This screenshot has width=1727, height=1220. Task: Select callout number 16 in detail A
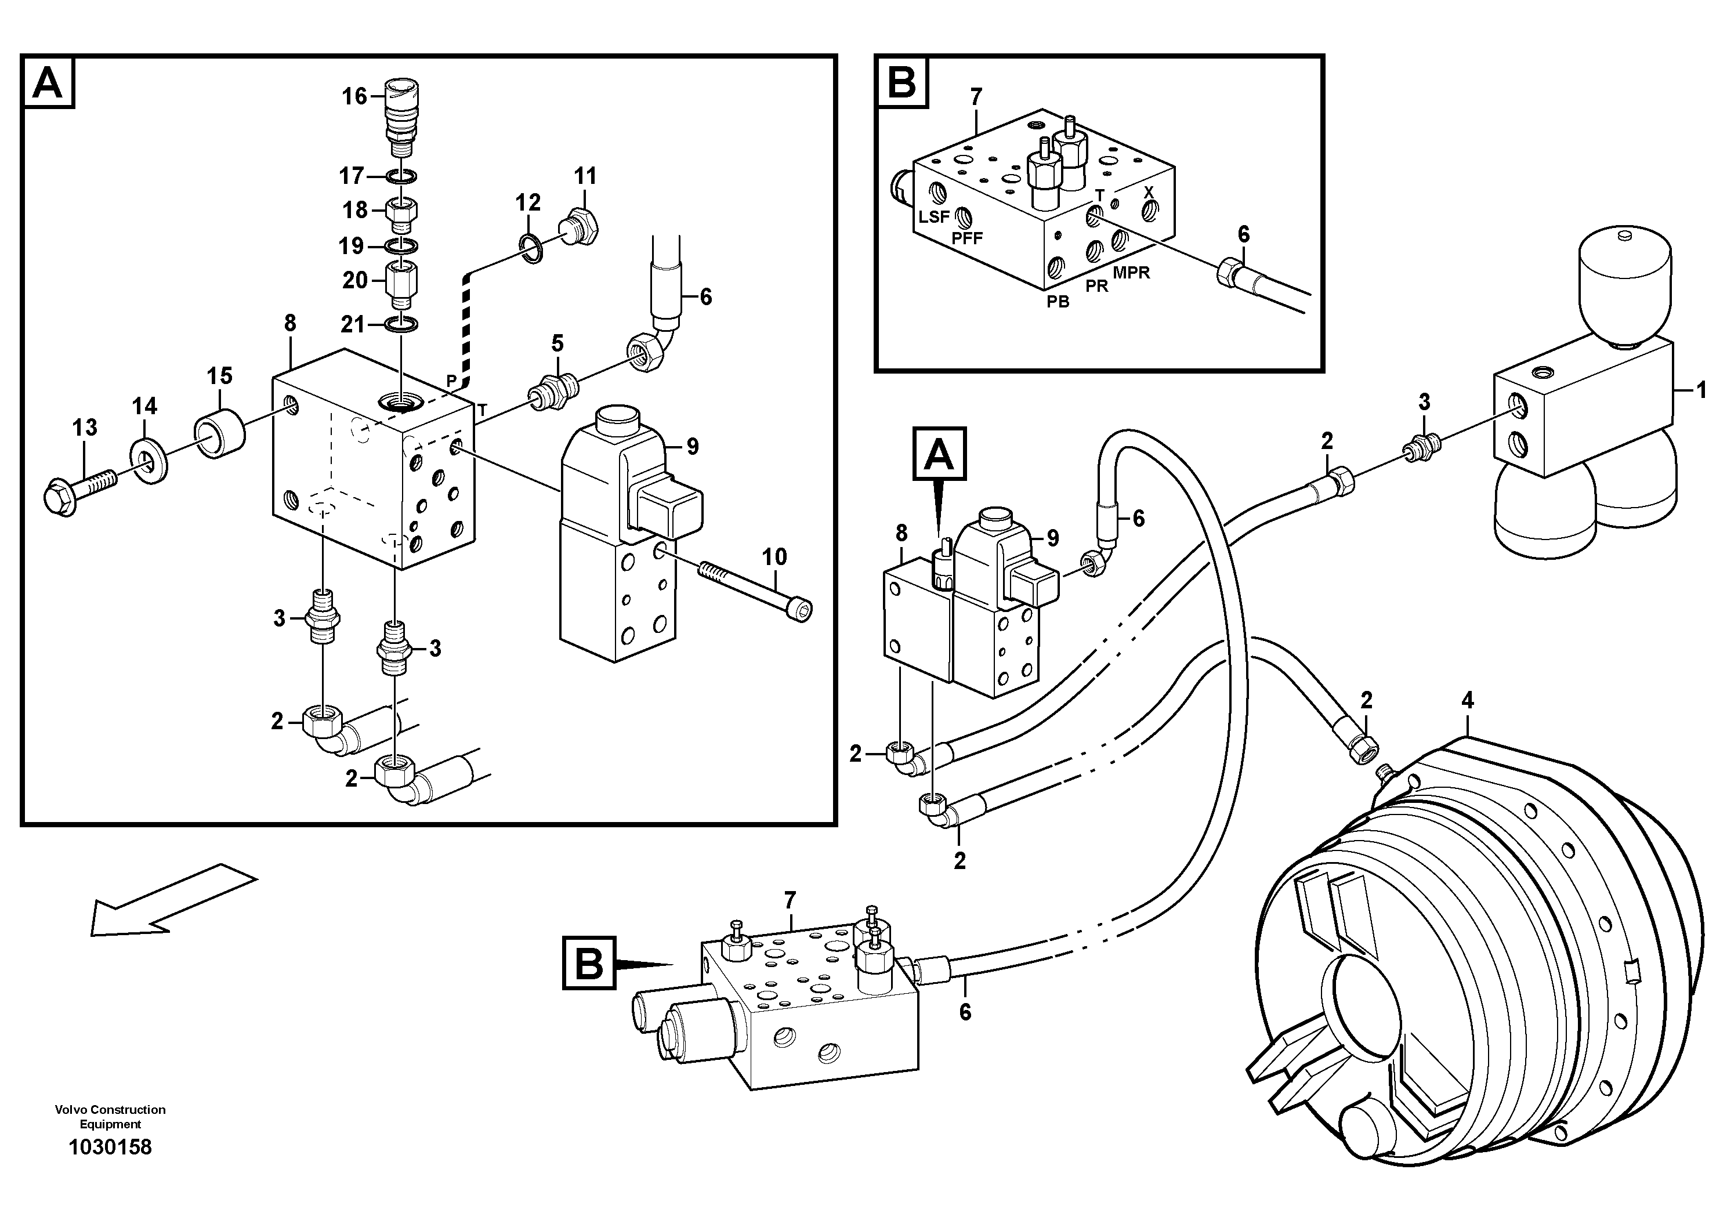click(354, 96)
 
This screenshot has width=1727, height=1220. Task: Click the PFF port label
click(966, 238)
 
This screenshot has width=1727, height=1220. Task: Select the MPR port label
click(1131, 273)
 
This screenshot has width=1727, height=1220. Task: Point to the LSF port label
click(933, 218)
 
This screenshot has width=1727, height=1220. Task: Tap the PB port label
click(1058, 302)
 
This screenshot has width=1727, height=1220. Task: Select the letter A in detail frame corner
click(49, 83)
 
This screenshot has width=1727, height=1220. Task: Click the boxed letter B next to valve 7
click(589, 963)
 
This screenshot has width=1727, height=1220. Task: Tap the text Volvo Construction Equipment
click(110, 1117)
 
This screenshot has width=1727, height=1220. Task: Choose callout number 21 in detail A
click(352, 325)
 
